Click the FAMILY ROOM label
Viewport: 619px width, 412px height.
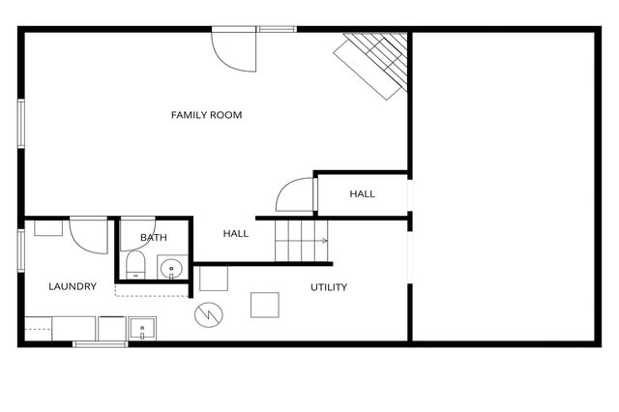206,115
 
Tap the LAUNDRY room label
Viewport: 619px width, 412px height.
73,286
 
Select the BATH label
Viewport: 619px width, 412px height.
153,238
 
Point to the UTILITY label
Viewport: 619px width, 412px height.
329,287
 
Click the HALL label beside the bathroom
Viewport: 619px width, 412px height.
236,233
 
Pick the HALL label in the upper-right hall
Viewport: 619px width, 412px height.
363,194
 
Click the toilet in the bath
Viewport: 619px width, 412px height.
134,266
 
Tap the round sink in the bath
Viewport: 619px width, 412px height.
172,267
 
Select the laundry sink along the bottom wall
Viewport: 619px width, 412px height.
142,329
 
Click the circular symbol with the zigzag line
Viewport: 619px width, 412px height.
208,314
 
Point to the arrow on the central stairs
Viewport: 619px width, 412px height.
323,241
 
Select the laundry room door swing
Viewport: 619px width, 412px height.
88,235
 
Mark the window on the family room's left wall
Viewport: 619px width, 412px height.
20,123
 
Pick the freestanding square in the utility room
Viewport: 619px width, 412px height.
265,305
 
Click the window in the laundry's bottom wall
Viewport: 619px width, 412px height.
101,343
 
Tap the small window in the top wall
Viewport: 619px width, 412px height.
277,30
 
